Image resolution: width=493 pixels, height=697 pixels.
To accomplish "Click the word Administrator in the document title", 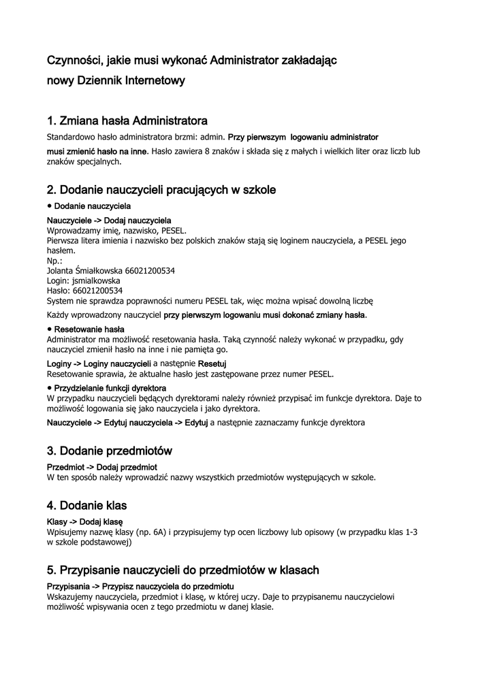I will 242,61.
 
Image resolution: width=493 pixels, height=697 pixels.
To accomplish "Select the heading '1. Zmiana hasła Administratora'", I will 127,121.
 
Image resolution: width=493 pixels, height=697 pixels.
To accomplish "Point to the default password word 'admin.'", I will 212,137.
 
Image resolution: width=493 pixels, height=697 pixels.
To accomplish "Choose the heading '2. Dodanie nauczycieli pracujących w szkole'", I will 161,190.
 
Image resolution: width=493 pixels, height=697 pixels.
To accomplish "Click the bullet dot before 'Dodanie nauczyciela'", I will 50,205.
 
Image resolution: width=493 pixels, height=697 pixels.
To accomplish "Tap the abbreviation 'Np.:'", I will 54,260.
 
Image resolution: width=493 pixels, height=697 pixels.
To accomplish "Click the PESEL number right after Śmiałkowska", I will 150,270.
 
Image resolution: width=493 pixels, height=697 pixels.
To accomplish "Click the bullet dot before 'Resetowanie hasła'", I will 50,329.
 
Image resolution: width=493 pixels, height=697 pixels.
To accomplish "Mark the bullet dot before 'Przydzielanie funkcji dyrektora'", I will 50,387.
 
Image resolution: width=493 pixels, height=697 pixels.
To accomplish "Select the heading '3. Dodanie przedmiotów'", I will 110,451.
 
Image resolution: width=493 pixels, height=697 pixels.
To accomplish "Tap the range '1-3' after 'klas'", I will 411,532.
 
